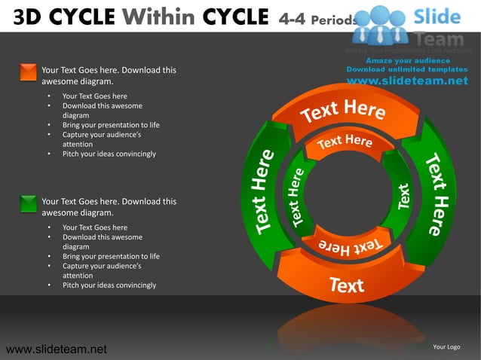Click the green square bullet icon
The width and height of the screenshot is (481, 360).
pos(28,203)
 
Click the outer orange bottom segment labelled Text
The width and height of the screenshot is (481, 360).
pos(346,284)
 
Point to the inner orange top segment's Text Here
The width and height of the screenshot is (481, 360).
pos(345,142)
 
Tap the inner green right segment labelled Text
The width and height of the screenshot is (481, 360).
pos(403,197)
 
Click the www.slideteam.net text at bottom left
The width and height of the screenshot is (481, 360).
pos(56,349)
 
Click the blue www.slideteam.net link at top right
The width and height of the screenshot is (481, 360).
pos(407,81)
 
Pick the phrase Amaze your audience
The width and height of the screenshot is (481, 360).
pos(407,60)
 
